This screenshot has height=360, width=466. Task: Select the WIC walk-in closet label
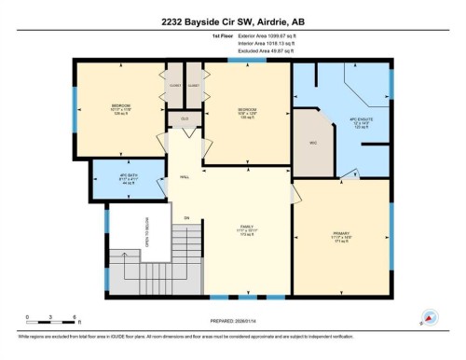314,143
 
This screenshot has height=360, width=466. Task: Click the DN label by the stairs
185,219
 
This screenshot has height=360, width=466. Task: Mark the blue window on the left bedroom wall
75,113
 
